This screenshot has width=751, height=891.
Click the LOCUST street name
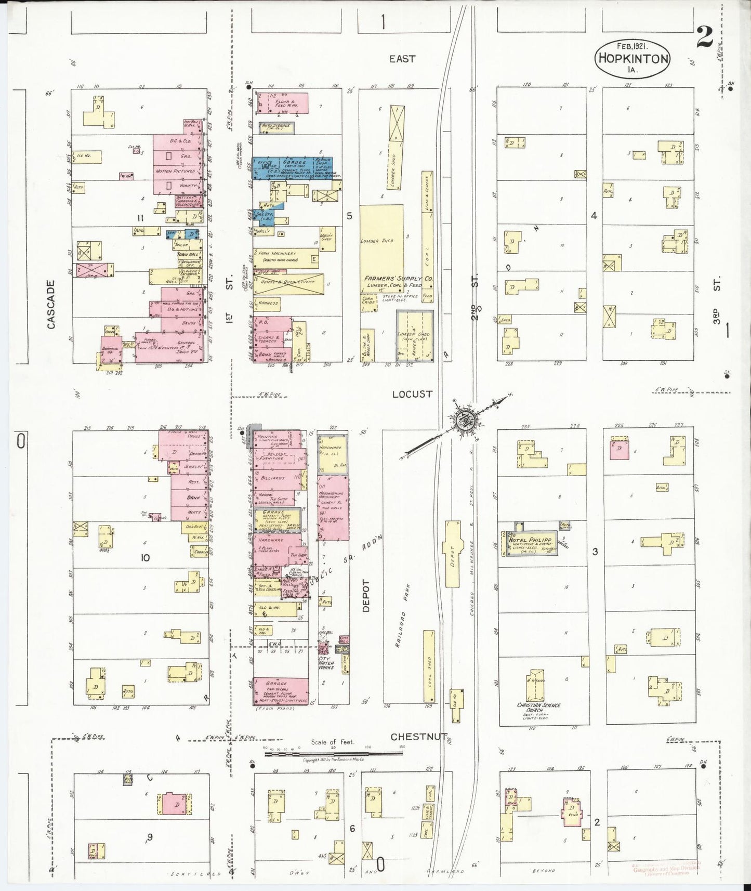coord(412,394)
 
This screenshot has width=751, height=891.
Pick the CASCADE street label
coord(51,305)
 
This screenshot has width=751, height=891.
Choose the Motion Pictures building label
coord(175,171)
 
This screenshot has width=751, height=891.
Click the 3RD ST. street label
coord(718,315)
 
